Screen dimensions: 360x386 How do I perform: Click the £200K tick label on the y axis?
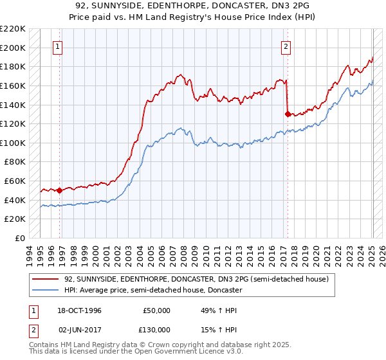coord(13,48)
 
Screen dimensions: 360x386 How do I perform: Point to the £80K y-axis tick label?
coord(15,162)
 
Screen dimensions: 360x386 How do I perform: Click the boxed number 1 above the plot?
coord(58,46)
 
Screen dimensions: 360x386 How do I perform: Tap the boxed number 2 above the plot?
coord(286,46)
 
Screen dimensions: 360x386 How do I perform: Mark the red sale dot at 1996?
coord(60,190)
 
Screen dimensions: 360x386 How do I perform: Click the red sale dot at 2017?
coord(287,114)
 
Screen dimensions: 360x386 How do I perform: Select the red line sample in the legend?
coord(46,279)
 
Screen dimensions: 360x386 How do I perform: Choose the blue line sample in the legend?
coord(46,290)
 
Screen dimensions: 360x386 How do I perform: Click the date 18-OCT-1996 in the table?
coord(79,310)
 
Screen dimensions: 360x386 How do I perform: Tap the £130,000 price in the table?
coord(157,330)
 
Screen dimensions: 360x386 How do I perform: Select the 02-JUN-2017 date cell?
coord(79,330)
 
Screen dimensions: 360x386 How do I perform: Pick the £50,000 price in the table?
coord(157,310)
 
